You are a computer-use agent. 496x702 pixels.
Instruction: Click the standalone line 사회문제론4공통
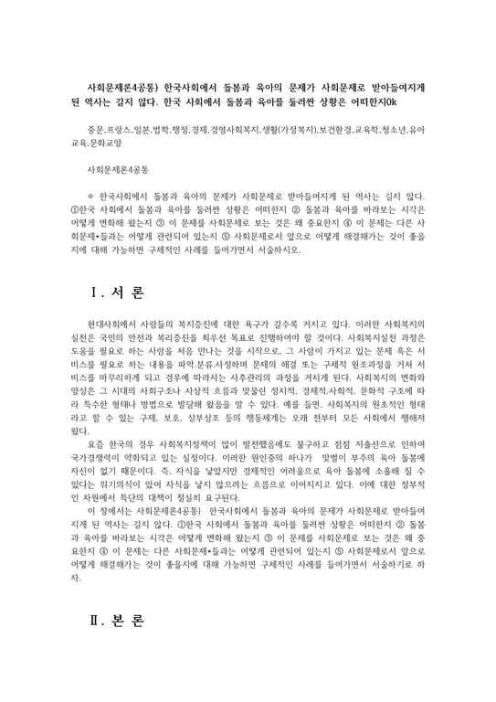116,170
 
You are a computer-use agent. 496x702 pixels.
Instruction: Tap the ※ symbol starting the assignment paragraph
89,195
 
